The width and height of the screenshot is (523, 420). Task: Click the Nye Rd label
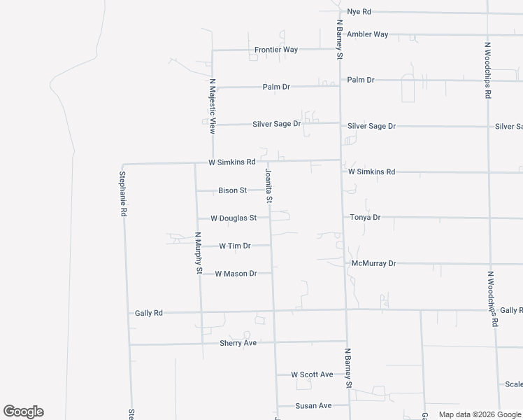(x=359, y=12)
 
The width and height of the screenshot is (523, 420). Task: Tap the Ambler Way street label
(x=368, y=34)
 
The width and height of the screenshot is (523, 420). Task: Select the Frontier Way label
(x=276, y=50)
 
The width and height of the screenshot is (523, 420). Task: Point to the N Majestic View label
(x=213, y=106)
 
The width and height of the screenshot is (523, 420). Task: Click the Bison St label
(x=233, y=190)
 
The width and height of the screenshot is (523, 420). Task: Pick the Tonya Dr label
(x=364, y=218)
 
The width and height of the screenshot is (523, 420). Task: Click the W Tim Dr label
(x=234, y=246)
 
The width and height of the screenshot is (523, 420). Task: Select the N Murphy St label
(x=199, y=253)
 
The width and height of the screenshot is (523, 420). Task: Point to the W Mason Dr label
(x=236, y=274)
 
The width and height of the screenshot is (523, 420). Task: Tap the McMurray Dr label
(x=373, y=264)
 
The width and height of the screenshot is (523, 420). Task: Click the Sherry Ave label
(x=238, y=344)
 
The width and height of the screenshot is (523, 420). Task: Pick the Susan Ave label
(x=313, y=406)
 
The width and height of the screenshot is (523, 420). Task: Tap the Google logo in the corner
(x=23, y=412)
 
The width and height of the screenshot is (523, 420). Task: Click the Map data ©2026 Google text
(x=479, y=414)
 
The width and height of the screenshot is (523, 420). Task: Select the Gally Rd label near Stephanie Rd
(x=148, y=313)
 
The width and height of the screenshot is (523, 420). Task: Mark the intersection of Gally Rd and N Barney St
(x=345, y=309)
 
